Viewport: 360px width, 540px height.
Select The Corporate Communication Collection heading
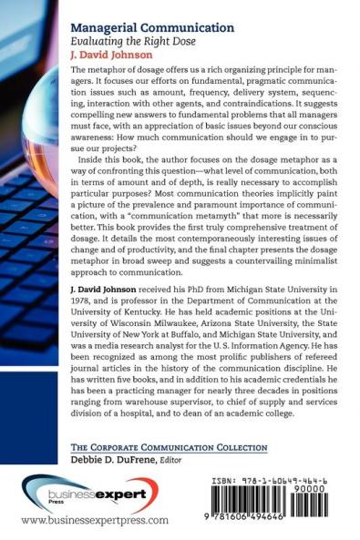coord(155,446)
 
